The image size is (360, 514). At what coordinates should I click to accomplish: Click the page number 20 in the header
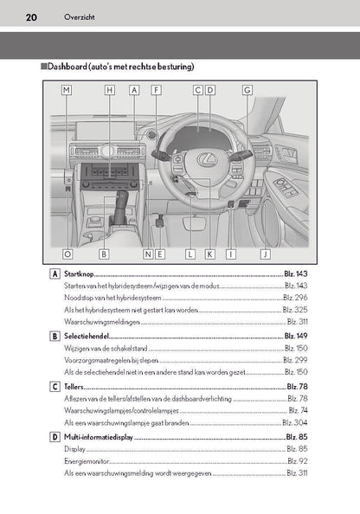[31, 17]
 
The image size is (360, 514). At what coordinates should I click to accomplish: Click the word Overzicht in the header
[80, 17]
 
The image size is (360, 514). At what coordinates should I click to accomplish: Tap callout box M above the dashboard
[67, 90]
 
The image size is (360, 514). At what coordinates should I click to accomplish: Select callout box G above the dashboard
[247, 90]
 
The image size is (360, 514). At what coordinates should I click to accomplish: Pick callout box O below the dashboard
[67, 254]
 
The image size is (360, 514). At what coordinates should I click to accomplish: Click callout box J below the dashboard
[266, 254]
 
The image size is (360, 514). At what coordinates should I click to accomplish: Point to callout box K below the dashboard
[209, 254]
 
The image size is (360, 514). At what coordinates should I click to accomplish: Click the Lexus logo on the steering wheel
[207, 159]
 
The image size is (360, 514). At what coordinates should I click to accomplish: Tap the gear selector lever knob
[121, 198]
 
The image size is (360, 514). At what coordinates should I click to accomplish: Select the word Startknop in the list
[79, 273]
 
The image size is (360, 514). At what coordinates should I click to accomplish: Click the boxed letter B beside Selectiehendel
[55, 336]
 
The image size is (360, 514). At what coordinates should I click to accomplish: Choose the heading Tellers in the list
[74, 387]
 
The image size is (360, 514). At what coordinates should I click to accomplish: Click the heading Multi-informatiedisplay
[99, 437]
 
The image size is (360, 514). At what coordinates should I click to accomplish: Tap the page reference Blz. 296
[295, 298]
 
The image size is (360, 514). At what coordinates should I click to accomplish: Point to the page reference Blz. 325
[295, 310]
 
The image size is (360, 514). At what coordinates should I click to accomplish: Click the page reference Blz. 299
[295, 360]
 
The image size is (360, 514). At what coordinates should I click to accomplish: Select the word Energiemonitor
[87, 461]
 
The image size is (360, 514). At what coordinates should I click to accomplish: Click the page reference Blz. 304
[295, 422]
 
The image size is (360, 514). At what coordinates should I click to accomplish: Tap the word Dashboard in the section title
[67, 67]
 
